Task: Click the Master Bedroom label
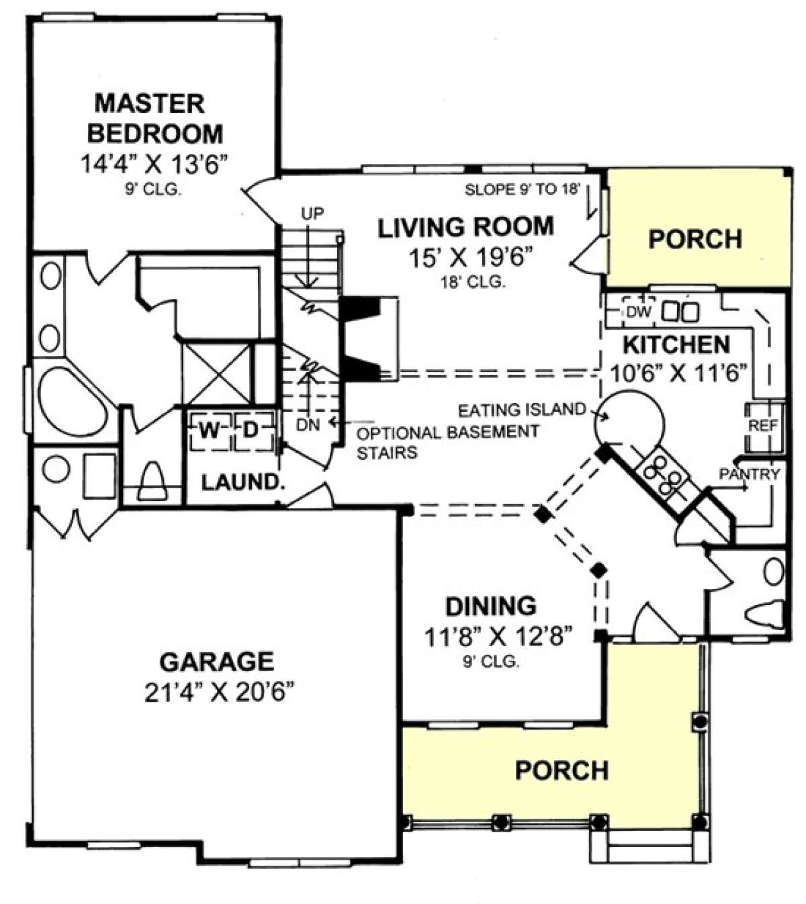click(x=154, y=118)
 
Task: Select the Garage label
click(x=216, y=662)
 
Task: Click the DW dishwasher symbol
click(x=639, y=312)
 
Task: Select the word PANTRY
click(x=750, y=474)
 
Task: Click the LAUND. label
click(x=243, y=482)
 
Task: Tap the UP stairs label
click(x=312, y=214)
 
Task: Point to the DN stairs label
click(x=308, y=424)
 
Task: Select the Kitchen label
click(x=676, y=345)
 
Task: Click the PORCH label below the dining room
click(x=562, y=770)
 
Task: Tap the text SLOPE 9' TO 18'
click(x=523, y=189)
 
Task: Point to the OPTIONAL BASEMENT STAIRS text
click(x=448, y=442)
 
